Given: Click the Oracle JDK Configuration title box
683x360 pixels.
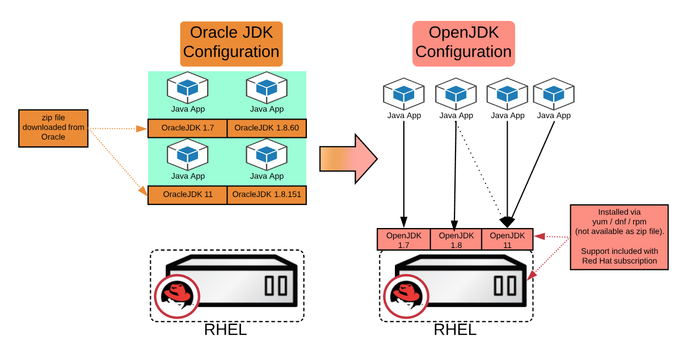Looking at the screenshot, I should pos(231,43).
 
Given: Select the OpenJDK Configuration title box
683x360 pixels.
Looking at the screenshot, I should pos(464,43).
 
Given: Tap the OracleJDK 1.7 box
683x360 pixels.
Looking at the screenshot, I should pos(187,128).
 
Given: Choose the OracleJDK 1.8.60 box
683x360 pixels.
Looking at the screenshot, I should pos(267,128).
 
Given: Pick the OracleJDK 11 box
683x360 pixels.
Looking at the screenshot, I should pos(187,195).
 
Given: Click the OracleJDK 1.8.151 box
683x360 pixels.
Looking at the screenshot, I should pos(267,195).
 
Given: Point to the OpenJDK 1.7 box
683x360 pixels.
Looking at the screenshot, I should pos(403,239).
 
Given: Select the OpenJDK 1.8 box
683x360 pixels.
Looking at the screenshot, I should pos(456,239).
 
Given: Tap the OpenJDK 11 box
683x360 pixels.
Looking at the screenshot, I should pos(507,239).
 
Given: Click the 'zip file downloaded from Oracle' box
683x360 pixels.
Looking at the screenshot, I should pos(53,128).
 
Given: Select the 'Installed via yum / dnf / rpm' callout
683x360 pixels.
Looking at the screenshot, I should pos(619,237).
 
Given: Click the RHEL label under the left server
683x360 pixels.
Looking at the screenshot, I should pos(225,329).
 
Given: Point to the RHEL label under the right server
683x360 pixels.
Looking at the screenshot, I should pos(455,329).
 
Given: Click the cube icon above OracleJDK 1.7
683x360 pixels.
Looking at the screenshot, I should pos(188,88).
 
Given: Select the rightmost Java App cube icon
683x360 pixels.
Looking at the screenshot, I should pos(554,94).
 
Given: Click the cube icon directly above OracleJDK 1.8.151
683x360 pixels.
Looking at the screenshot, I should pos(267,155).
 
